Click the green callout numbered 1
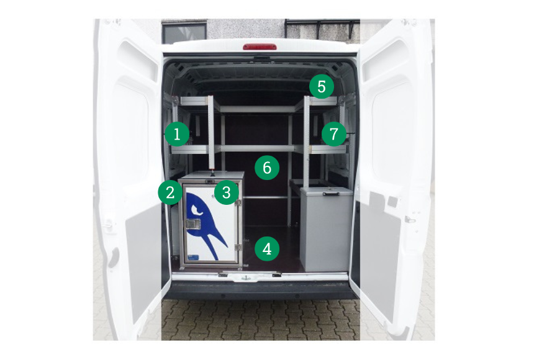pyautogui.click(x=177, y=134)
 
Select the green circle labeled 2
pyautogui.click(x=171, y=192)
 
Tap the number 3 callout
pyautogui.click(x=227, y=192)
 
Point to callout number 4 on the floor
pyautogui.click(x=267, y=249)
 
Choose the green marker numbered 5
pyautogui.click(x=322, y=86)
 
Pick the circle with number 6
pyautogui.click(x=267, y=168)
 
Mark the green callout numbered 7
pyautogui.click(x=334, y=134)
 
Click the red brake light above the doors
pyautogui.click(x=260, y=47)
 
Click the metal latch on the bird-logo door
pyautogui.click(x=192, y=224)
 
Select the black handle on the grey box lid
pyautogui.click(x=331, y=194)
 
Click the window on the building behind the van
pyautogui.click(x=184, y=33)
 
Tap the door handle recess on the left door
pyautogui.click(x=114, y=258)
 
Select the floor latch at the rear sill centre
pyautogui.click(x=246, y=278)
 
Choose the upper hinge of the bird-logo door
pyautogui.click(x=238, y=202)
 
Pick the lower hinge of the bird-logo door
pyautogui.click(x=238, y=247)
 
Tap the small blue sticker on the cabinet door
pyautogui.click(x=192, y=258)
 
